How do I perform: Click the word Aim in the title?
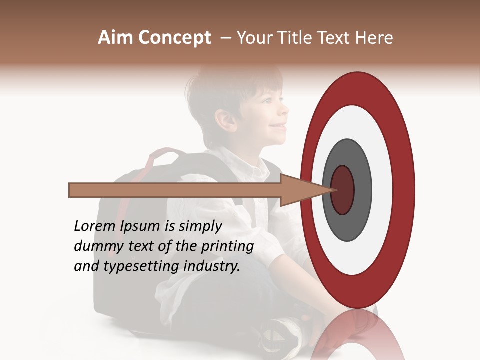pyautogui.click(x=115, y=38)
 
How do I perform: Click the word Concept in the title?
pyautogui.click(x=174, y=38)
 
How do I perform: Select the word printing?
pyautogui.click(x=227, y=247)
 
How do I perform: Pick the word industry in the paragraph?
pyautogui.click(x=212, y=266)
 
